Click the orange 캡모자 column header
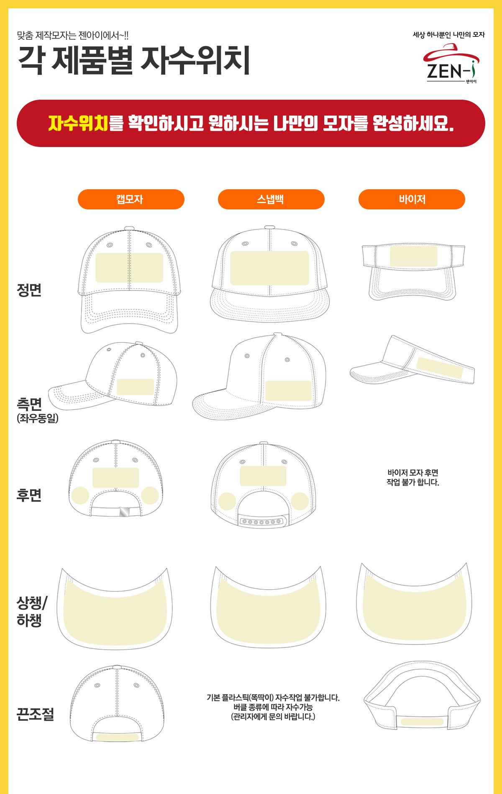pyautogui.click(x=131, y=199)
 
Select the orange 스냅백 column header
pyautogui.click(x=271, y=199)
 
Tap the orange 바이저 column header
pyautogui.click(x=412, y=199)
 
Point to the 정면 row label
pyautogui.click(x=29, y=290)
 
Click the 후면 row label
pyautogui.click(x=29, y=495)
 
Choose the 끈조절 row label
pyautogui.click(x=36, y=714)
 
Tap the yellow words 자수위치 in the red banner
pyautogui.click(x=78, y=123)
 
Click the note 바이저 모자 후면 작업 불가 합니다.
pyautogui.click(x=413, y=477)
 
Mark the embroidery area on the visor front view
pyautogui.click(x=414, y=256)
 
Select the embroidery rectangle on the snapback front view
pyautogui.click(x=270, y=268)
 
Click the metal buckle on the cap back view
pyautogui.click(x=124, y=512)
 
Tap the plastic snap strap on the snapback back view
pyautogui.click(x=263, y=522)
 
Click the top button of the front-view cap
pyautogui.click(x=129, y=228)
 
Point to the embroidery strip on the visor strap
pyautogui.click(x=422, y=722)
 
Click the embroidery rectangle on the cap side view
pyautogui.click(x=135, y=387)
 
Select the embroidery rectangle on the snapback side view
pyautogui.click(x=289, y=391)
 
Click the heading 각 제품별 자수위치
pyautogui.click(x=134, y=60)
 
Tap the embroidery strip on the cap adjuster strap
pyautogui.click(x=118, y=737)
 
